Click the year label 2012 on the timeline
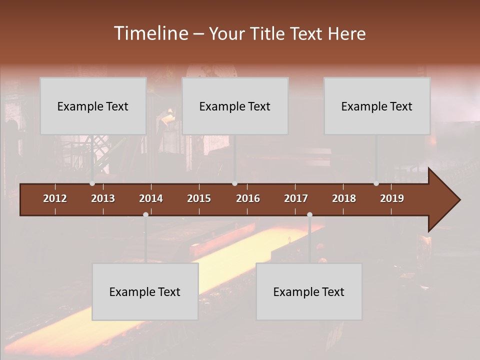[55, 198]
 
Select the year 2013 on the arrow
[103, 198]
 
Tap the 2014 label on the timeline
[151, 198]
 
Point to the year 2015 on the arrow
[199, 198]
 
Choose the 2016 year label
[248, 198]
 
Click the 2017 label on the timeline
[296, 198]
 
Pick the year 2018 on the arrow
[344, 198]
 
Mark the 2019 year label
[392, 198]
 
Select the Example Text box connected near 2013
[93, 106]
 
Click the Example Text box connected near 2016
[235, 106]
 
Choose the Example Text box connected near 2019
[377, 106]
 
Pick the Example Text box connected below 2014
[145, 291]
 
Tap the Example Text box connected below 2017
[309, 291]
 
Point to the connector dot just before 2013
[92, 183]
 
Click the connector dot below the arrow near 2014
[145, 214]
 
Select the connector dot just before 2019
[376, 183]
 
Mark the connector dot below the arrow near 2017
[309, 214]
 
